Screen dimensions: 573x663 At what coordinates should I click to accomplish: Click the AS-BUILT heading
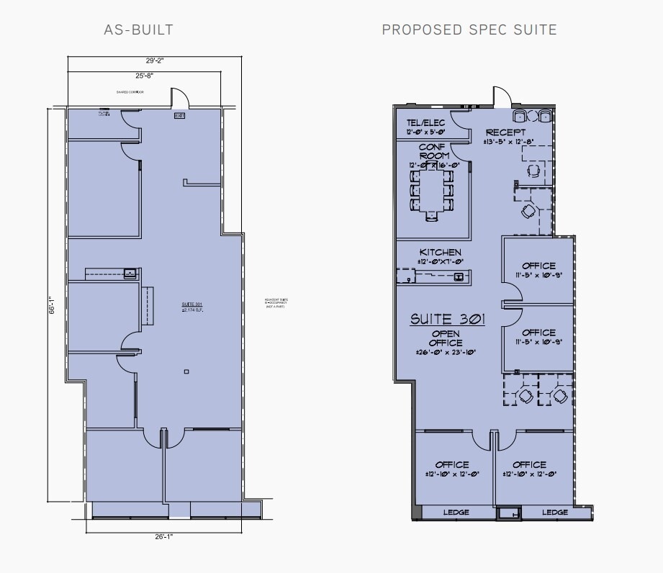click(x=139, y=30)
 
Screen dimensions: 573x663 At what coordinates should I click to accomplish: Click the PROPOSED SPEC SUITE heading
click(x=469, y=30)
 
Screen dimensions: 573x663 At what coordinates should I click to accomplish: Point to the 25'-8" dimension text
click(x=145, y=75)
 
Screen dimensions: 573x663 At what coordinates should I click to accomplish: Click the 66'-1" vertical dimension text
click(x=51, y=306)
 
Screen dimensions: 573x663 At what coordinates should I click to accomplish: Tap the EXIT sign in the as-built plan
click(x=179, y=115)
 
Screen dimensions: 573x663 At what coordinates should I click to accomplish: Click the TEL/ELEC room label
click(x=425, y=123)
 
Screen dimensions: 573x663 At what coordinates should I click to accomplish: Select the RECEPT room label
click(x=505, y=132)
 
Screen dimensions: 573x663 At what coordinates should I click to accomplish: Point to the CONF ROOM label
click(x=434, y=151)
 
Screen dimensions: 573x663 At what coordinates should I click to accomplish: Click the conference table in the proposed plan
click(x=432, y=191)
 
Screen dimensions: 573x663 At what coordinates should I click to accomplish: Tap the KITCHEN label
click(x=441, y=252)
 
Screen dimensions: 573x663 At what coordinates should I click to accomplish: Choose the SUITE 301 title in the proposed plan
click(x=446, y=319)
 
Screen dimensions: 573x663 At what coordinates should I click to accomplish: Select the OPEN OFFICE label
click(x=446, y=338)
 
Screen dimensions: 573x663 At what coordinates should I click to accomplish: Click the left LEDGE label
click(x=456, y=513)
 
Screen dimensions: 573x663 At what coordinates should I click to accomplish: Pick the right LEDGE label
click(x=555, y=513)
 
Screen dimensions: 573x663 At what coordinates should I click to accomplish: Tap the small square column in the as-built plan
click(x=186, y=371)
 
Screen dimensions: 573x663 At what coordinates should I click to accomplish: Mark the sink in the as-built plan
click(x=130, y=273)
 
